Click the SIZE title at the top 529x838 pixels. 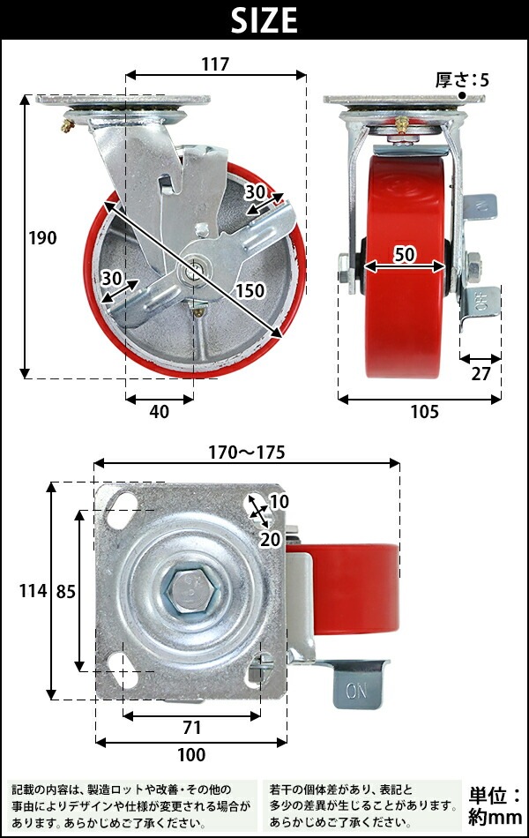click(264, 20)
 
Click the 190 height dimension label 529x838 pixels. click(42, 238)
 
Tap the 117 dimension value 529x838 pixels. click(215, 64)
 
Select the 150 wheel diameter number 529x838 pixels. click(250, 290)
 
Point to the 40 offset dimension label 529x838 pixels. click(160, 412)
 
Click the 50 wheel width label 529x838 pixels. click(405, 254)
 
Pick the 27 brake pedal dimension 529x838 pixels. click(481, 374)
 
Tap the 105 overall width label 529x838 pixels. click(424, 412)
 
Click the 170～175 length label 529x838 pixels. click(247, 453)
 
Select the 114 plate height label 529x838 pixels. click(34, 591)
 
